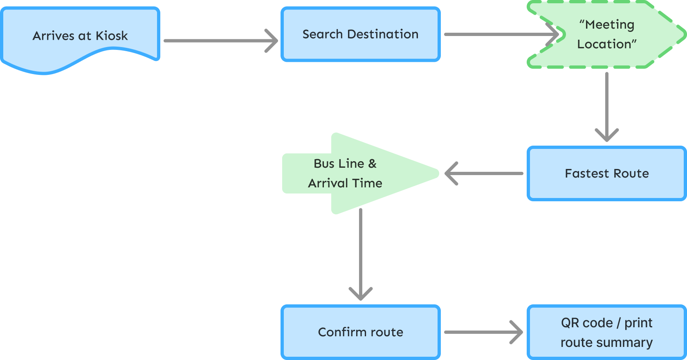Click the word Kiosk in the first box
[x=112, y=36]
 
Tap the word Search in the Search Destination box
[x=322, y=34]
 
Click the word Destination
[x=383, y=34]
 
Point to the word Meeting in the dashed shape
[x=609, y=25]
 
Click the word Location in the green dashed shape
[x=604, y=44]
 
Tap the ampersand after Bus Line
[x=372, y=164]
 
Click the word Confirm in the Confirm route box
[x=337, y=332]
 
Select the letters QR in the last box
[x=570, y=323]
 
